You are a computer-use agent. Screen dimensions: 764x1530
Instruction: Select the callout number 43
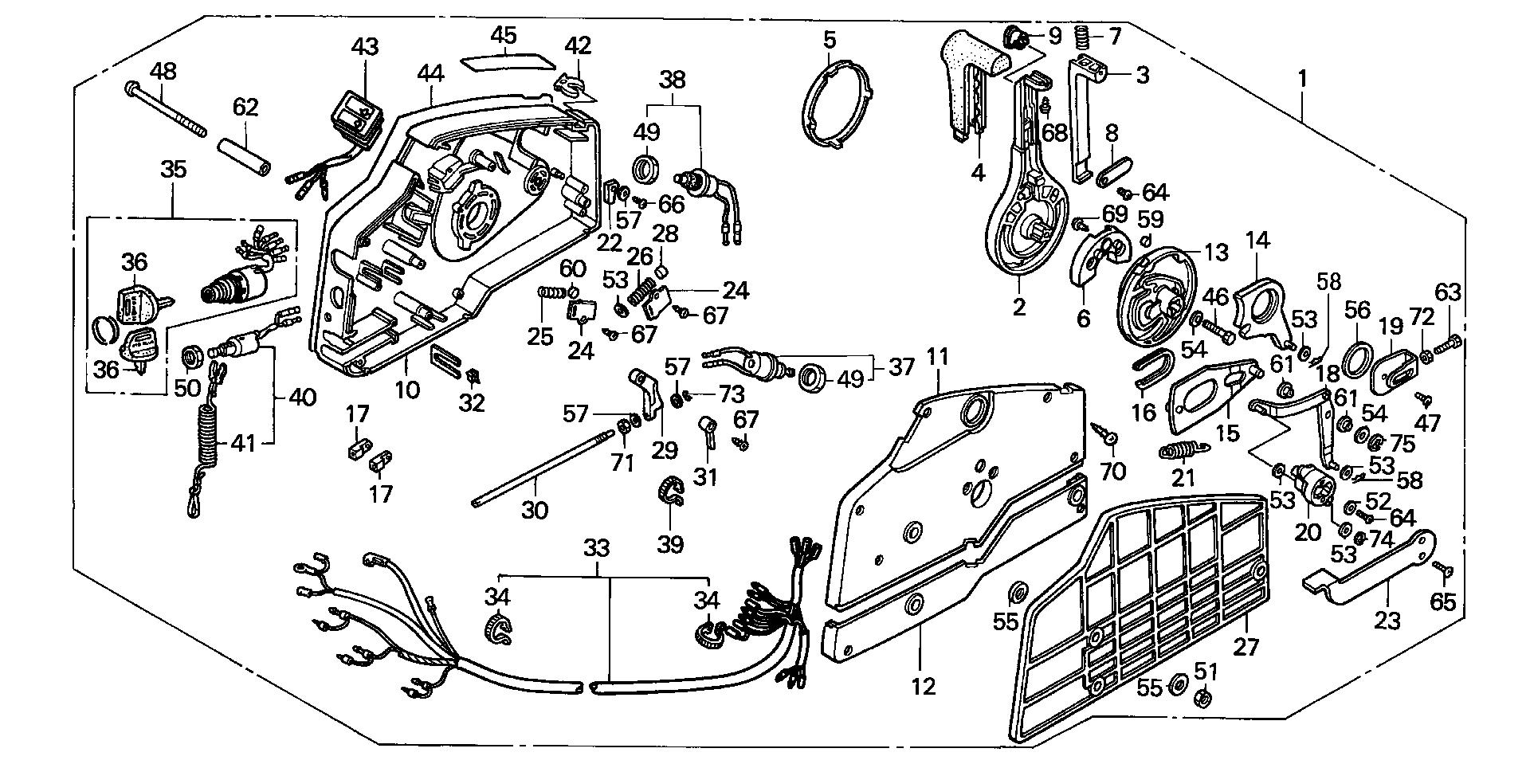[365, 47]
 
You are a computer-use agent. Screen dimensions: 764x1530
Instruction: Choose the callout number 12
[924, 685]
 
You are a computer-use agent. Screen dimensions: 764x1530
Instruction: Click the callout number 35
[174, 169]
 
